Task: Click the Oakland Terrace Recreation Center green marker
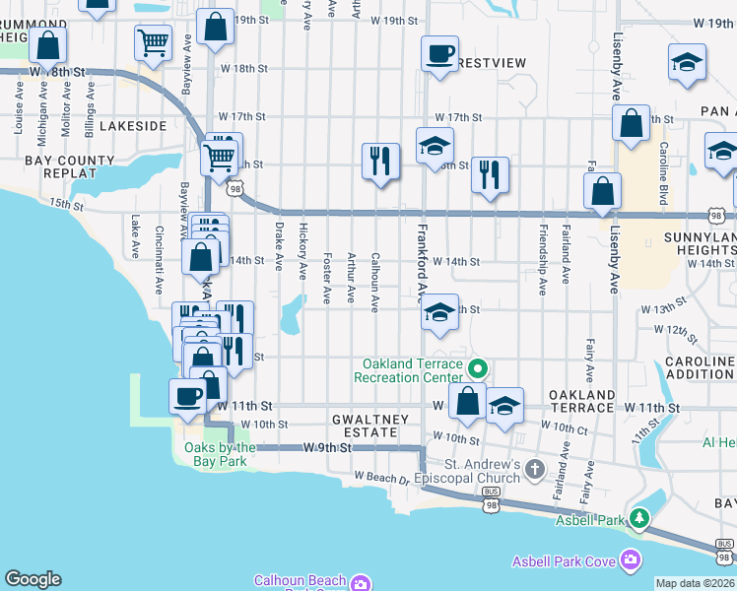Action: point(478,370)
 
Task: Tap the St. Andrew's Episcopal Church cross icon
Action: point(535,468)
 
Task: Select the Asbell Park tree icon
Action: point(639,517)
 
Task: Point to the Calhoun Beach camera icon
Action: point(361,582)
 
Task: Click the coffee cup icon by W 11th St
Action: point(187,395)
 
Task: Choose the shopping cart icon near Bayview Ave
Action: point(153,42)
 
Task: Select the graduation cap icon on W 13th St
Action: point(439,314)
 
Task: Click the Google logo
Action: point(33,579)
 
